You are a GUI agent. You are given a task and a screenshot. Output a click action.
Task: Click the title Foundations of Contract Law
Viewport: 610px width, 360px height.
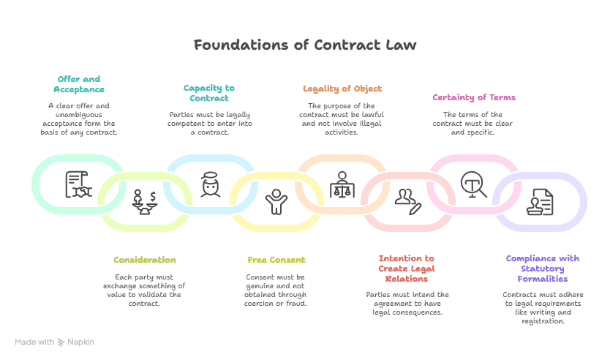pyautogui.click(x=305, y=45)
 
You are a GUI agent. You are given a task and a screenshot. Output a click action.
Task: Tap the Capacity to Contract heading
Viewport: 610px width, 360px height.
pyautogui.click(x=208, y=93)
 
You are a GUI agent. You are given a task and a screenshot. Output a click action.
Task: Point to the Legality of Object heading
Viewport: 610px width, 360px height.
pyautogui.click(x=342, y=89)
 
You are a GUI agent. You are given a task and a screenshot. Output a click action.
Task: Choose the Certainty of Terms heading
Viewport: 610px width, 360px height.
pyautogui.click(x=473, y=97)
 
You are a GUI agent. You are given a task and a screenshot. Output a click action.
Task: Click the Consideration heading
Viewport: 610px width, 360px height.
pyautogui.click(x=145, y=260)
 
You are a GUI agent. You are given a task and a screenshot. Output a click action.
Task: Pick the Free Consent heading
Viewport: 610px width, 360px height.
pyautogui.click(x=276, y=260)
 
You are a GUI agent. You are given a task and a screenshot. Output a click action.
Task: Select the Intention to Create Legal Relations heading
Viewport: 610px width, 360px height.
pyautogui.click(x=406, y=268)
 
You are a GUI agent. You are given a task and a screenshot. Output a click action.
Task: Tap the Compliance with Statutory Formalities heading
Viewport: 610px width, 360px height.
pyautogui.click(x=542, y=268)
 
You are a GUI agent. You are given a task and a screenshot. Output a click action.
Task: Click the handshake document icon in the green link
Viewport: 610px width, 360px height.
pyautogui.click(x=78, y=184)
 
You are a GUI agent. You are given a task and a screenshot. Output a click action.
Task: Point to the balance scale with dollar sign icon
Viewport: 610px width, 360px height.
pyautogui.click(x=144, y=200)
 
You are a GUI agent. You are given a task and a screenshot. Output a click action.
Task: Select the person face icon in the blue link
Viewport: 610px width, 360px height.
pyautogui.click(x=211, y=184)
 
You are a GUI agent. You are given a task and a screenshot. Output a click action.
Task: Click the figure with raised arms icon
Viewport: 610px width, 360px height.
pyautogui.click(x=276, y=201)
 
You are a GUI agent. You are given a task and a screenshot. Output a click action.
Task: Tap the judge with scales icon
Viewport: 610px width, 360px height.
pyautogui.click(x=342, y=184)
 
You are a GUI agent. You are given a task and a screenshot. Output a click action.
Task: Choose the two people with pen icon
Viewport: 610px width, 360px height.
pyautogui.click(x=407, y=200)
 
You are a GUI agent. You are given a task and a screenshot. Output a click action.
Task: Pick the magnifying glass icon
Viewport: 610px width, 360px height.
pyautogui.click(x=473, y=184)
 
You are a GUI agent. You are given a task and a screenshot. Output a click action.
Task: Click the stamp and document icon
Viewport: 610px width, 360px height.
pyautogui.click(x=540, y=201)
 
